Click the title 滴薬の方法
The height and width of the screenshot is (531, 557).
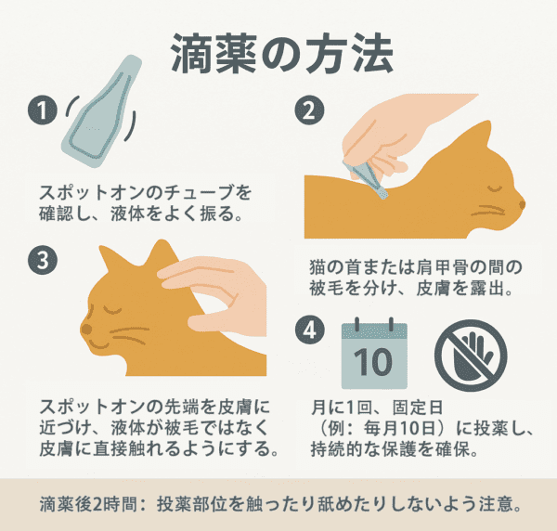click(x=282, y=54)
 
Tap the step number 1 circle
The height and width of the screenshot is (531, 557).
click(x=43, y=110)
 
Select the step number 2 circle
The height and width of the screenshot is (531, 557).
click(x=309, y=110)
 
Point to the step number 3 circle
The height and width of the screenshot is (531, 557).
click(x=43, y=260)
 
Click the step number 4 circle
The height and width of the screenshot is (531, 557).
click(x=310, y=330)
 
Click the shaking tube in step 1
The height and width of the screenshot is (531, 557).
click(x=101, y=112)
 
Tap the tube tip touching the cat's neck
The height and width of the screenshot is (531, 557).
click(x=382, y=193)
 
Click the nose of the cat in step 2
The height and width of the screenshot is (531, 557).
click(x=522, y=204)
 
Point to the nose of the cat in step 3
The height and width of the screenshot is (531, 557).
click(x=86, y=329)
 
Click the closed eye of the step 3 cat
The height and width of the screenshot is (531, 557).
click(x=112, y=310)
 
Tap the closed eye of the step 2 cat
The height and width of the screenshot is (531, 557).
click(x=496, y=188)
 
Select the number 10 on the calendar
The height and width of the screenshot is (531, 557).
click(x=373, y=362)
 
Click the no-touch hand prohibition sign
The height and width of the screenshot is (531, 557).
click(x=471, y=356)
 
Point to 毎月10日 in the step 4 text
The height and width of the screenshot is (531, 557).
click(x=399, y=429)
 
